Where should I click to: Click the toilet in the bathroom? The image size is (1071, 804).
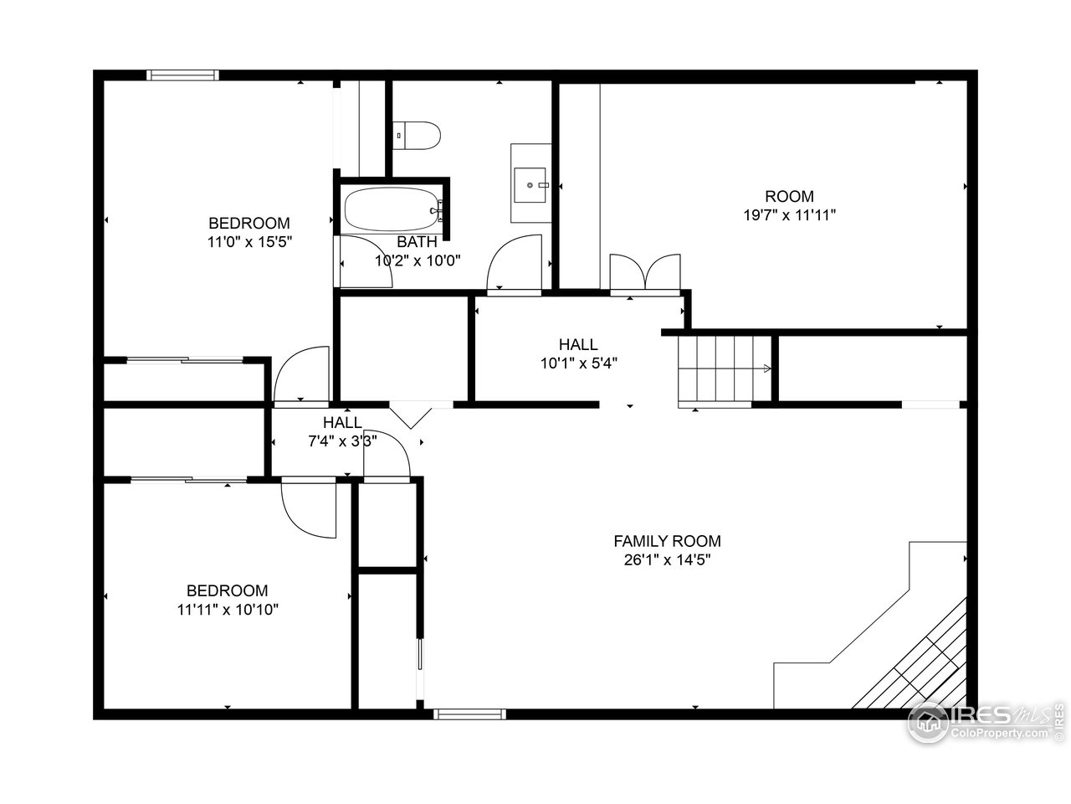point(417,136)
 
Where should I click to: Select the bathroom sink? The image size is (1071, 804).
point(530,183)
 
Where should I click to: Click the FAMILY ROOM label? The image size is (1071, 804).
point(667,541)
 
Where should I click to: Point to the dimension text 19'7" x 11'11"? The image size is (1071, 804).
point(790,214)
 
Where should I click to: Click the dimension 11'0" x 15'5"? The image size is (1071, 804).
point(249,241)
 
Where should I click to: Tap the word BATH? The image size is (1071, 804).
point(417,242)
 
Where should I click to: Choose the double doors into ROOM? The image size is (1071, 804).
point(644,274)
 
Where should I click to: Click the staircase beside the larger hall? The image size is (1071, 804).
point(724,368)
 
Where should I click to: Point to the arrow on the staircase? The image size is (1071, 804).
point(766,368)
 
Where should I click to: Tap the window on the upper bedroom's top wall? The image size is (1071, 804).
point(182,75)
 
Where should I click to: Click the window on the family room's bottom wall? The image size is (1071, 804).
point(469,714)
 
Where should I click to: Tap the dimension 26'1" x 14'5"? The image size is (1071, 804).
point(667,559)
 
